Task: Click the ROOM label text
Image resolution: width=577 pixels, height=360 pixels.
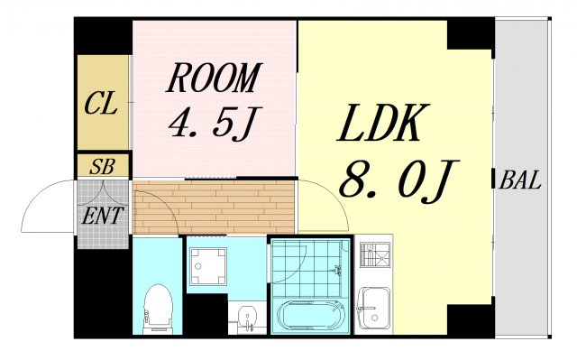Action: [213, 80]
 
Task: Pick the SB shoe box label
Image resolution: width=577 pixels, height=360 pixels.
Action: [101, 167]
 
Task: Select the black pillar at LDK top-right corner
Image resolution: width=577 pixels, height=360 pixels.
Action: [470, 34]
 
